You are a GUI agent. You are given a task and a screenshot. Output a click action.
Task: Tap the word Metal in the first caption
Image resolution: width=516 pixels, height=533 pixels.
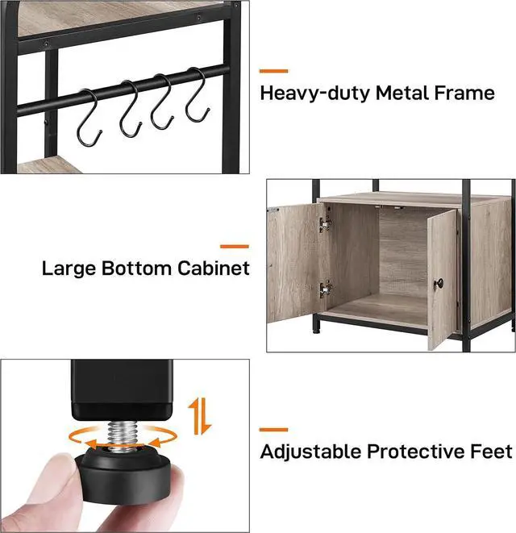coord(396,94)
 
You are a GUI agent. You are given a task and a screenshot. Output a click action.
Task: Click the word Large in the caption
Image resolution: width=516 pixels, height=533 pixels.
coord(70,269)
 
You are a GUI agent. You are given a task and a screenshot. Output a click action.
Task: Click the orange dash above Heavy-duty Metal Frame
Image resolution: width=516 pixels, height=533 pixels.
coord(273,71)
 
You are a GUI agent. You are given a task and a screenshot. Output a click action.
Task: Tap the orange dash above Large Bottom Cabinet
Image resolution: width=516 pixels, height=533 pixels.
coord(235,245)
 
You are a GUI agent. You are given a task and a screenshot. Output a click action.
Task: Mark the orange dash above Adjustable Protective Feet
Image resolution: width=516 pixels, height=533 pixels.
coord(273,430)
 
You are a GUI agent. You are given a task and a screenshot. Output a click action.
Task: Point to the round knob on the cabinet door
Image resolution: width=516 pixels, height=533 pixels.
coord(439,284)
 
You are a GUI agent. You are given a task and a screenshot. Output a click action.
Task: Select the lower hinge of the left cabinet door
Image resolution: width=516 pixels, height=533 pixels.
coord(326,288)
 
